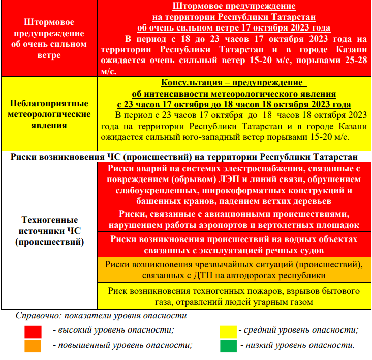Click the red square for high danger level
pos(33,332)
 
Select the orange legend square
pos(33,346)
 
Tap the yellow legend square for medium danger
pos(228,332)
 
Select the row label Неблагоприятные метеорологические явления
pos(50,114)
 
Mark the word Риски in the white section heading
pos(24,157)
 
